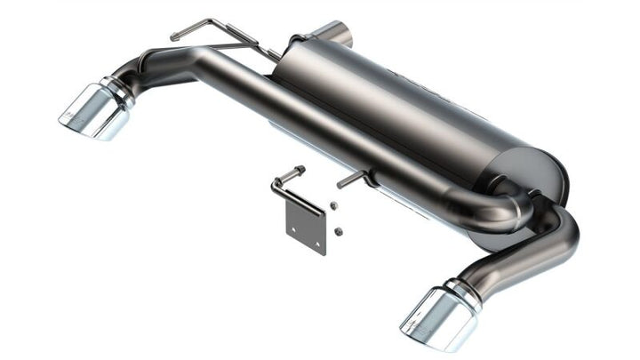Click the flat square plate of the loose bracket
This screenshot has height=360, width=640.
(307, 229)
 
